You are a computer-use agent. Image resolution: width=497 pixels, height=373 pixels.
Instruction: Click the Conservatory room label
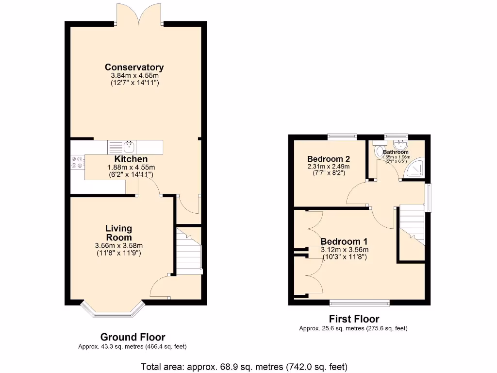click(x=134, y=68)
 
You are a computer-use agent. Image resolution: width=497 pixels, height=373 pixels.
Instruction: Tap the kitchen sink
click(x=129, y=146)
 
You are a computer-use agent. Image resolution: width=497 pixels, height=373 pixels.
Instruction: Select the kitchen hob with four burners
click(x=77, y=162)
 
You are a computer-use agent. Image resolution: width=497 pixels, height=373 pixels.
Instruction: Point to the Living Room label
click(x=119, y=233)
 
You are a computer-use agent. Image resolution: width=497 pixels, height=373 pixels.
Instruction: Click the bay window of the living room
click(x=113, y=311)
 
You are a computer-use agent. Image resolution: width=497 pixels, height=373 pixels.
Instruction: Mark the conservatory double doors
click(x=139, y=14)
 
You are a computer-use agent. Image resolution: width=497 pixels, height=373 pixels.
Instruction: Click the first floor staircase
click(x=411, y=223)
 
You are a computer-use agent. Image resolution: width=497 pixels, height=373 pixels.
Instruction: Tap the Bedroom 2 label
click(x=329, y=159)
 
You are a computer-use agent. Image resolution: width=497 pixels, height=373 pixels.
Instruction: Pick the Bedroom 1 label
click(x=344, y=241)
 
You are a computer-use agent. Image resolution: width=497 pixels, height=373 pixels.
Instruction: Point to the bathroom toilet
click(x=379, y=152)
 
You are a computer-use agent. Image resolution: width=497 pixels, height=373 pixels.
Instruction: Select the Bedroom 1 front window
click(x=359, y=303)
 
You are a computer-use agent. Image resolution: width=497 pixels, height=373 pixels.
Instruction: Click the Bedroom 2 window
click(x=342, y=136)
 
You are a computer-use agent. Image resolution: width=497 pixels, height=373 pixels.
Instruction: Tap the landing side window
click(x=428, y=198)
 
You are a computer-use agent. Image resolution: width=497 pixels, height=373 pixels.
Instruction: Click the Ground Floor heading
click(x=133, y=337)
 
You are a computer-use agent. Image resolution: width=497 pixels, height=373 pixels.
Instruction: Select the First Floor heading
click(x=354, y=319)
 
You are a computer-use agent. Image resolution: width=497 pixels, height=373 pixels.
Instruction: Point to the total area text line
click(x=244, y=366)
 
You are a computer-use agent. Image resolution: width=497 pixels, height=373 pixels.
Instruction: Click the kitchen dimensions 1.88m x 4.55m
click(x=131, y=167)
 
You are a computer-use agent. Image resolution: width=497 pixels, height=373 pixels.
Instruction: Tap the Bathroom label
click(x=396, y=152)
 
